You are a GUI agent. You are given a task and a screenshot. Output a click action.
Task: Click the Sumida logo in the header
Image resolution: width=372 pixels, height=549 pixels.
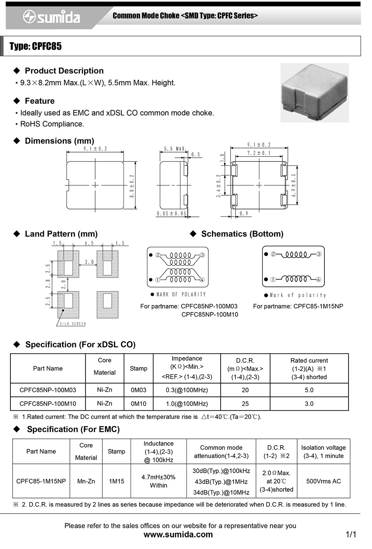coord(51,17)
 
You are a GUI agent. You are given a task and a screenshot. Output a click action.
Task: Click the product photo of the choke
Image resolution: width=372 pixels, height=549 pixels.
coord(314,93)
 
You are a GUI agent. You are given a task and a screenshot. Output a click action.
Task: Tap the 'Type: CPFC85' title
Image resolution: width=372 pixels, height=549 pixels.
coord(36,46)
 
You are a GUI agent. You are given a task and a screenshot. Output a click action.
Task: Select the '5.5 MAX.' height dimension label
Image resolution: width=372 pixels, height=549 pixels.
coord(175,149)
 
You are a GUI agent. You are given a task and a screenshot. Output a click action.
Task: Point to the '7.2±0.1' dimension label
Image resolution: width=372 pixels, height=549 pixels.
coord(259,153)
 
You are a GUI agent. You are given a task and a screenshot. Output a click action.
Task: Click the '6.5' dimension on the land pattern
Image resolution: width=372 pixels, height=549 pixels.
coord(89,244)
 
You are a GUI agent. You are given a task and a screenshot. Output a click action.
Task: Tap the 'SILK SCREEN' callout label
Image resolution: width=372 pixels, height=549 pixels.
coord(73,324)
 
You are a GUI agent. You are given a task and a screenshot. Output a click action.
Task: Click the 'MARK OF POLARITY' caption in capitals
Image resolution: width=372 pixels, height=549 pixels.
coord(181,294)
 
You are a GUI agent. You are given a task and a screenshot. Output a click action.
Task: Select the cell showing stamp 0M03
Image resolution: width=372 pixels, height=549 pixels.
coord(138,390)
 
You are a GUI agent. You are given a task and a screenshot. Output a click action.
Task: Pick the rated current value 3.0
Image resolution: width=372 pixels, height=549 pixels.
coord(309,404)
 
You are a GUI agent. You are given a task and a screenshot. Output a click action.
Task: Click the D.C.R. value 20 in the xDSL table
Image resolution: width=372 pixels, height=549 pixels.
coord(245,390)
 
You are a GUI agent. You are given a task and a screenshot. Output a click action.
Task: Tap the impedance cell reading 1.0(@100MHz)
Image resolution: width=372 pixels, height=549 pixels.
coord(187,404)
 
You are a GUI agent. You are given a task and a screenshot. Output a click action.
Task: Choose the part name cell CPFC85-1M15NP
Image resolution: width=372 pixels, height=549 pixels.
coord(41,481)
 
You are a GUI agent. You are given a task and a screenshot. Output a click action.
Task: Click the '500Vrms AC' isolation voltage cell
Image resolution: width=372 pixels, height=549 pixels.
coord(323,481)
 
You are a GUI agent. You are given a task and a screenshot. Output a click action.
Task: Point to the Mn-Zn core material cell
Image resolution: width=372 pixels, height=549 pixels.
coord(86,481)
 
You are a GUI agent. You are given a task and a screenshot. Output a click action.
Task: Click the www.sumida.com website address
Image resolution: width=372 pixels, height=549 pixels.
coord(178,534)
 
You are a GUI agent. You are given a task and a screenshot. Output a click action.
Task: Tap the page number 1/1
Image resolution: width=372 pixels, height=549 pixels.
coord(351,534)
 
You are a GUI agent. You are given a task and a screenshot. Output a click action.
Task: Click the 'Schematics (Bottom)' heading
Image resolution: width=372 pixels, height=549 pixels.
coord(242,234)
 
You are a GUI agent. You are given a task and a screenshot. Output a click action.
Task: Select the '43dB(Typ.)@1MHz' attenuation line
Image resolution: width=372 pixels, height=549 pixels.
coord(221,482)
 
